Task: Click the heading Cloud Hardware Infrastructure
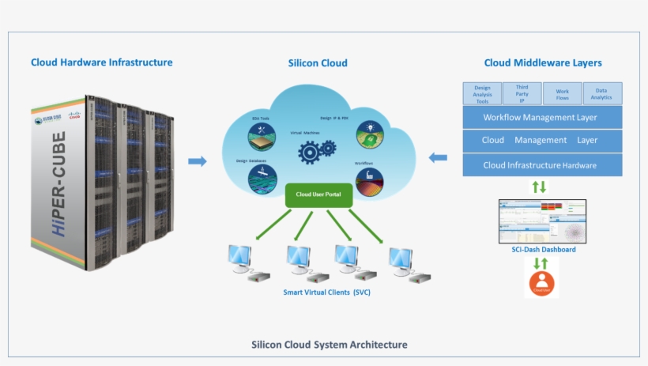point(101,62)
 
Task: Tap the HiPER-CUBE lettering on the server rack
point(58,184)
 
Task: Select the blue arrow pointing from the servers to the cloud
point(197,161)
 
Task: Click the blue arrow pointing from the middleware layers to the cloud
point(437,157)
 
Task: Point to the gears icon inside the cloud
point(318,148)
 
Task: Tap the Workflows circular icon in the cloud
point(369,181)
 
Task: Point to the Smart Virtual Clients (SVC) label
point(326,292)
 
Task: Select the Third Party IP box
point(522,93)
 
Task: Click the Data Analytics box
point(602,93)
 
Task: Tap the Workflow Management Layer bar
point(541,118)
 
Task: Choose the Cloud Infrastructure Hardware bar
point(541,165)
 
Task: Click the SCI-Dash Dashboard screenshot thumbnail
point(542,221)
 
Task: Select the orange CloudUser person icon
point(542,282)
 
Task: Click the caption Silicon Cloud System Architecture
point(329,345)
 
